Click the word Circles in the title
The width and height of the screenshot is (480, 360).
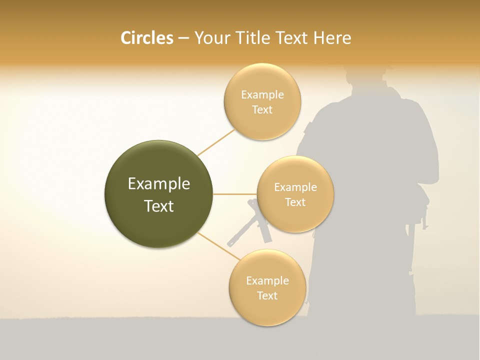[146, 38]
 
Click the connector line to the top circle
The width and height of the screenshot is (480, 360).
[216, 142]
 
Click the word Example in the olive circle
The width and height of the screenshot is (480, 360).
[158, 184]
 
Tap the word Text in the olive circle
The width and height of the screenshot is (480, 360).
[158, 206]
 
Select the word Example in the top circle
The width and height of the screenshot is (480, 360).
[262, 95]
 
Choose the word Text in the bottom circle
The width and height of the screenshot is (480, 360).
[267, 295]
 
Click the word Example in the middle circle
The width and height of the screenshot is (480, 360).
[295, 187]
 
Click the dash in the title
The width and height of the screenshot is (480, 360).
[183, 38]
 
